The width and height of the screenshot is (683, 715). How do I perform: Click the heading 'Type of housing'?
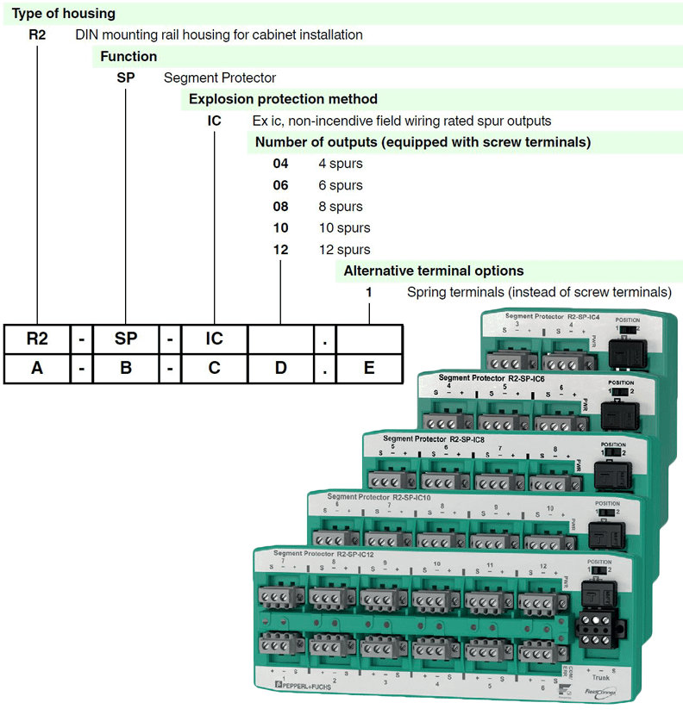[x=63, y=14]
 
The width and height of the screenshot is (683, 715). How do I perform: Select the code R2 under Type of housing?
[x=37, y=35]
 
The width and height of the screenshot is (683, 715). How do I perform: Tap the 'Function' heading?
[x=128, y=57]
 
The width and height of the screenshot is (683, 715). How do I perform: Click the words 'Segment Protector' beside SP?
[x=219, y=78]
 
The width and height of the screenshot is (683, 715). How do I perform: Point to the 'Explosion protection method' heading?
[x=283, y=99]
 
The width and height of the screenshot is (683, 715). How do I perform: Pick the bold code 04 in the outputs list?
[x=281, y=164]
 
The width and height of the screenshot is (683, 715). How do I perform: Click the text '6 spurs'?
[x=340, y=185]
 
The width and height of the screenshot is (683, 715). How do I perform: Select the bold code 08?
[x=281, y=207]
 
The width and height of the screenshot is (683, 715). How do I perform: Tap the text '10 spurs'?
[x=343, y=228]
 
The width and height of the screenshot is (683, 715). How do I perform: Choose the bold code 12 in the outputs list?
[x=281, y=250]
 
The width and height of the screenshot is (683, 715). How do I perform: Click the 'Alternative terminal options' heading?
[x=433, y=271]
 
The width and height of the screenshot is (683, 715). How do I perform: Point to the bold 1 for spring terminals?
[x=369, y=293]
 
